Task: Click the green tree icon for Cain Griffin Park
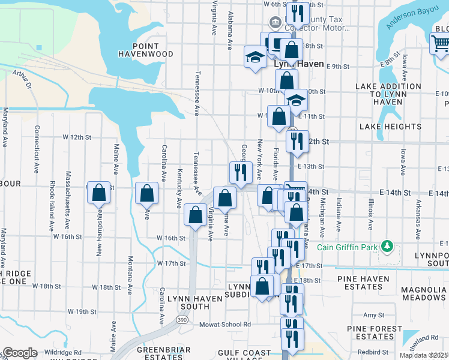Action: (388, 245)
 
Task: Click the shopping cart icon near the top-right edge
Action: (440, 44)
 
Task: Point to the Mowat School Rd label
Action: (225, 324)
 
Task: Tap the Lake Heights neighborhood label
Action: (390, 127)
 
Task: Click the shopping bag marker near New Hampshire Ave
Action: (100, 193)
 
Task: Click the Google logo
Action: (20, 353)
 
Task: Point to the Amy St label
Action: (373, 315)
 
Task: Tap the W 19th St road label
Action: (82, 311)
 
